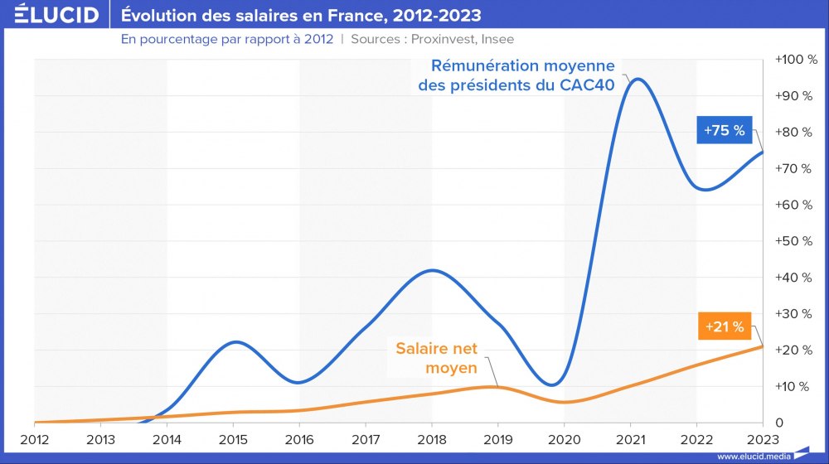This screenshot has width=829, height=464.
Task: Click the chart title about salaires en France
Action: (301, 15)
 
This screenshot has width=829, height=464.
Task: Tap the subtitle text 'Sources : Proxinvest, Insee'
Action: (432, 39)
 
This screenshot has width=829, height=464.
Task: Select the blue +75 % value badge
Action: (725, 130)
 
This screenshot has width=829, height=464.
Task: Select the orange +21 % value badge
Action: (725, 326)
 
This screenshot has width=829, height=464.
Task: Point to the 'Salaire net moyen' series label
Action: (435, 359)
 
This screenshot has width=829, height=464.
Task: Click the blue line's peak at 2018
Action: (431, 270)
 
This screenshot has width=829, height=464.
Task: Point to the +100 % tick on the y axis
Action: (795, 60)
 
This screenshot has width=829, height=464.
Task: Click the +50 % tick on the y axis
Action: (795, 241)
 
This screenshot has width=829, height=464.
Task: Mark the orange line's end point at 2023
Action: (762, 346)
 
